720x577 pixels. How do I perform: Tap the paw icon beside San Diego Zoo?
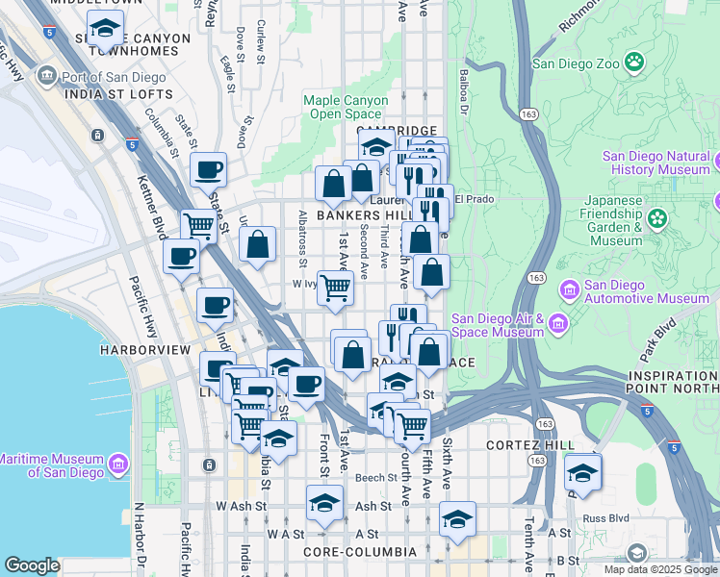point(634,63)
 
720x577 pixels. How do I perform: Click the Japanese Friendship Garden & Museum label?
point(604,220)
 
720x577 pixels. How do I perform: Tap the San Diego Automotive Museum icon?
point(569,289)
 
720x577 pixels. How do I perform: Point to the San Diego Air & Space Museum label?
point(499,326)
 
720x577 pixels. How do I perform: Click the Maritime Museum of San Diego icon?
point(119,464)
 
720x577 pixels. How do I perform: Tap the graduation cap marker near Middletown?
point(104,31)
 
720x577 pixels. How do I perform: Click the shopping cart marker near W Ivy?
point(334,287)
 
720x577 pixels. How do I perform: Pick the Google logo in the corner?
point(32,565)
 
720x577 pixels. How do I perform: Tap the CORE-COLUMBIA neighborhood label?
point(359,552)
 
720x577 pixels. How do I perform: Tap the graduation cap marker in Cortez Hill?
point(582,474)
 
